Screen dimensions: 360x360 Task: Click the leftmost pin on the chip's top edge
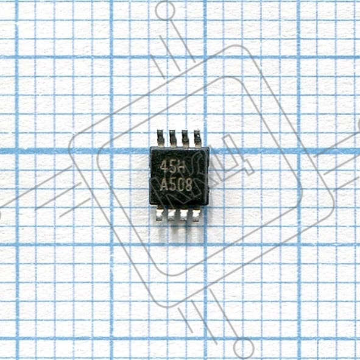[x=160, y=138]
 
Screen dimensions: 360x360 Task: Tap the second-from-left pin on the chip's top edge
[x=173, y=138]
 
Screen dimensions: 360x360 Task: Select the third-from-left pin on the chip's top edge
[x=185, y=138]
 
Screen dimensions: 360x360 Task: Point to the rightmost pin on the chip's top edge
[x=198, y=138]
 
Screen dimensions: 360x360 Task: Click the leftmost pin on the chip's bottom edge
[x=159, y=214]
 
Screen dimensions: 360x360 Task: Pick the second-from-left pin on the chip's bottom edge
[x=171, y=214]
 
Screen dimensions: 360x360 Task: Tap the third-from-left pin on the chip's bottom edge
[x=183, y=214]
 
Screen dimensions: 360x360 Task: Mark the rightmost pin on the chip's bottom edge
[x=196, y=214]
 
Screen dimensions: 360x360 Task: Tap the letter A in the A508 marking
[x=164, y=185]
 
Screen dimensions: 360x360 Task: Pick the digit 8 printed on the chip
[x=189, y=185]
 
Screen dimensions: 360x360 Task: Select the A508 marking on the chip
[x=176, y=185]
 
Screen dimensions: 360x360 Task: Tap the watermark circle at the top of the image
[x=165, y=10]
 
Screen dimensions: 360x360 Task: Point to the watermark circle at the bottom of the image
[x=244, y=348]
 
